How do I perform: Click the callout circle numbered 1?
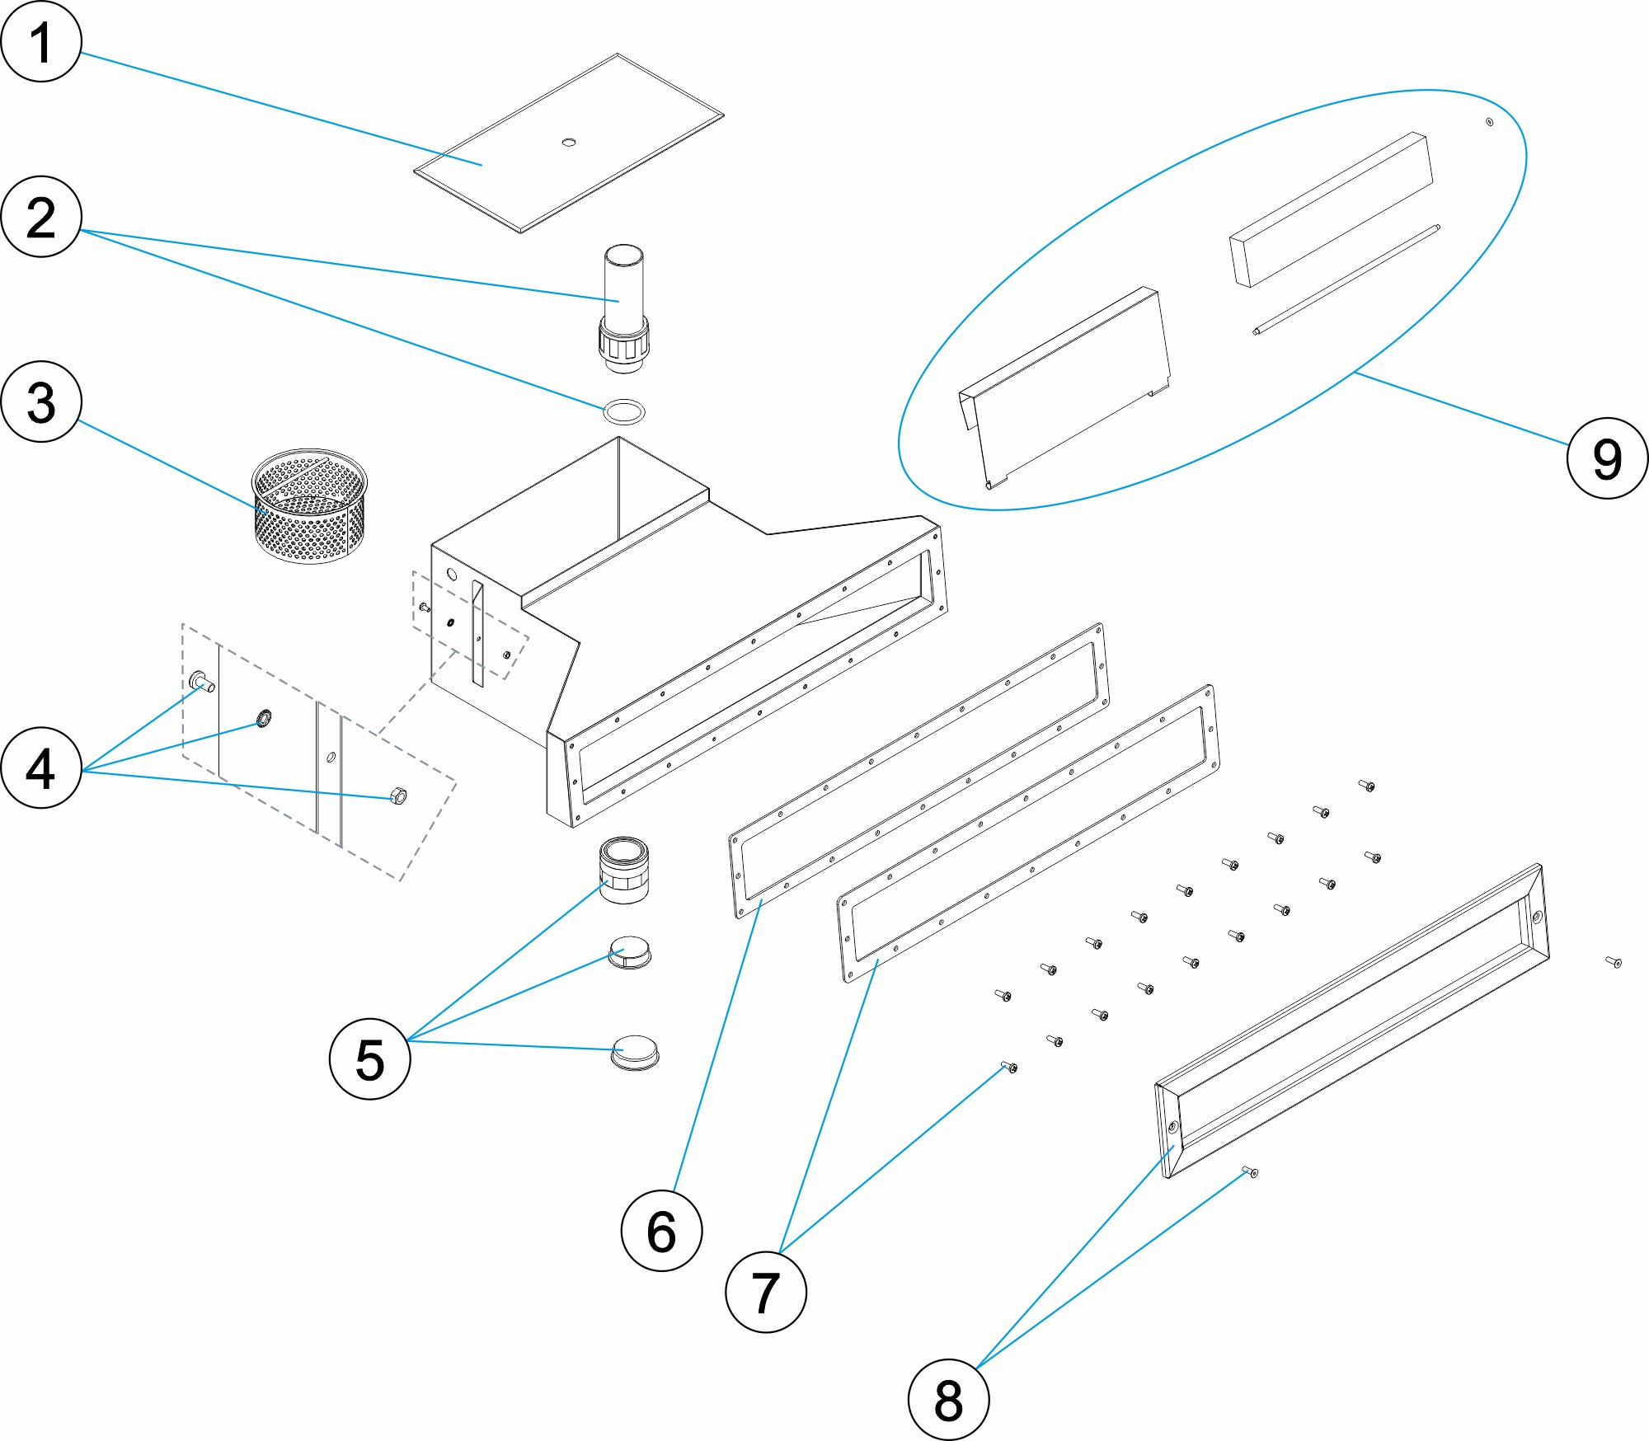click(x=41, y=41)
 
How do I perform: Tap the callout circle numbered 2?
click(x=41, y=217)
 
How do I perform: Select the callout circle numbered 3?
click(x=41, y=402)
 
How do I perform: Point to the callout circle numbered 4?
click(x=41, y=767)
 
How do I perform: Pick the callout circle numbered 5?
click(x=369, y=1058)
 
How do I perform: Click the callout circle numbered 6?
click(x=661, y=1231)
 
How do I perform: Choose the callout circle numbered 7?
click(x=766, y=1292)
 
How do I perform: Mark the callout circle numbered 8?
click(x=948, y=1400)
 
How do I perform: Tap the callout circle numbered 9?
click(x=1607, y=458)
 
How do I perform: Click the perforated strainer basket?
click(x=309, y=507)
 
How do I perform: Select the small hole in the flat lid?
click(x=568, y=143)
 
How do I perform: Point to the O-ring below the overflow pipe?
click(x=624, y=411)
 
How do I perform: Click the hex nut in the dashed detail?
click(x=397, y=796)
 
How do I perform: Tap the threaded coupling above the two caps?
click(x=624, y=870)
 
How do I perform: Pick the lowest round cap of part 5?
click(x=635, y=1053)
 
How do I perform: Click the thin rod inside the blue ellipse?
click(x=1346, y=279)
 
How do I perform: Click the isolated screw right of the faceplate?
click(x=1614, y=961)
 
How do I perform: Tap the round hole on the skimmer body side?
click(x=451, y=574)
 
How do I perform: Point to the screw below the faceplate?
click(x=1250, y=1171)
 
